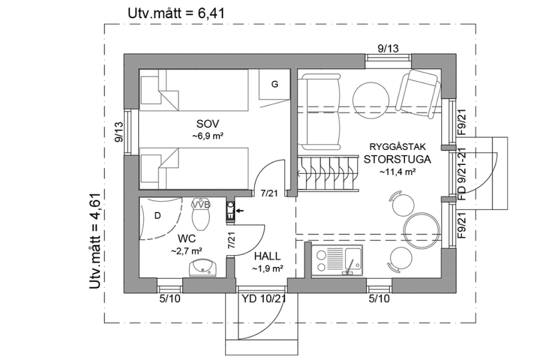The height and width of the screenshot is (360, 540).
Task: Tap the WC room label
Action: point(186,238)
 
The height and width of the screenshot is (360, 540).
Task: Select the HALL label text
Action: point(267,256)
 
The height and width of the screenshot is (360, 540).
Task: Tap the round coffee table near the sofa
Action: point(369,97)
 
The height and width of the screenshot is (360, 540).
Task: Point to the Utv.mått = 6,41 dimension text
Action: point(176,12)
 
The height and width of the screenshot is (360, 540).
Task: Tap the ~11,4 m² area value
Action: point(397,171)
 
